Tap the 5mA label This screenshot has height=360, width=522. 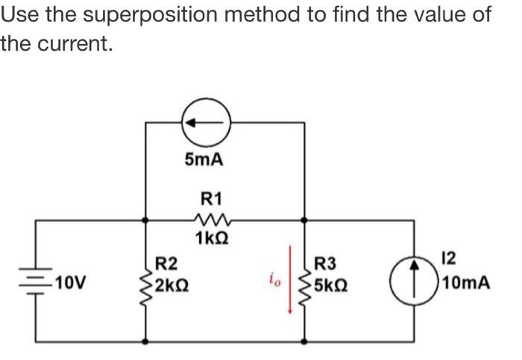(x=204, y=160)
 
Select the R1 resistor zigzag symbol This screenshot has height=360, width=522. (x=212, y=220)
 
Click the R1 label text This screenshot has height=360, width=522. (x=212, y=199)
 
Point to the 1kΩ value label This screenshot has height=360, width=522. (x=213, y=240)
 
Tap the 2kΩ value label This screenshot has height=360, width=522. (x=172, y=284)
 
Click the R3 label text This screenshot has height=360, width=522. (x=326, y=262)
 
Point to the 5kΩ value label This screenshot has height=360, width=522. (x=333, y=285)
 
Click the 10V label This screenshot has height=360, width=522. (x=70, y=284)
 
